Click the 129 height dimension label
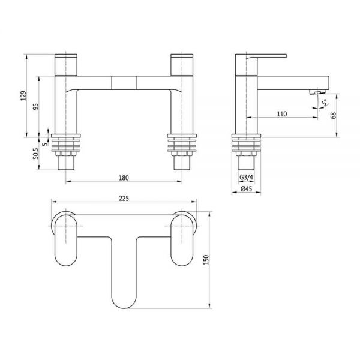(x=23, y=95)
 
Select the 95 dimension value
(x=36, y=107)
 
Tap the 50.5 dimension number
(x=36, y=154)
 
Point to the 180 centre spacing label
(x=124, y=178)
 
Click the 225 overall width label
(x=124, y=199)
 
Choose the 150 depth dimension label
(x=206, y=260)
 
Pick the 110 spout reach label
(x=282, y=114)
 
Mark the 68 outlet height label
(x=334, y=115)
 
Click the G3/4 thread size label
(x=246, y=177)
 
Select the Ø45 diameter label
(x=247, y=189)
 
